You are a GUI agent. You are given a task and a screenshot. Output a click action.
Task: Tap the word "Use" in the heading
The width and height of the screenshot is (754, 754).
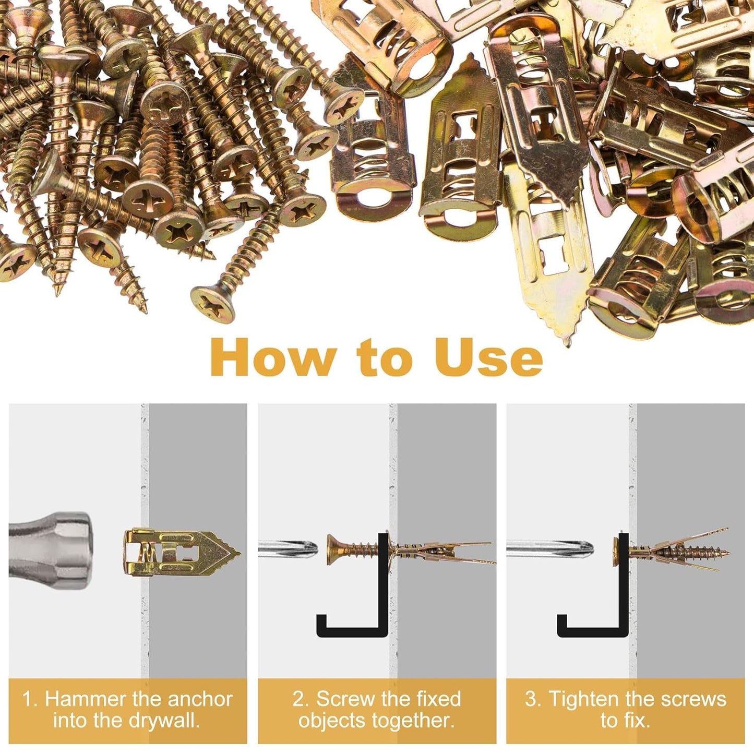(x=488, y=358)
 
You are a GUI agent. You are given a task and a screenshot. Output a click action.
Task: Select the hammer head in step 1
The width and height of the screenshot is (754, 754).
(x=52, y=550)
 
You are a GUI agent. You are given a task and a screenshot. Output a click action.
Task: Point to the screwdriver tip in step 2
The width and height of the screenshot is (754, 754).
(x=308, y=549)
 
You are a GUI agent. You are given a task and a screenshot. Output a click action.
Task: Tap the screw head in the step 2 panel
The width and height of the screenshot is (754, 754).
(x=334, y=549)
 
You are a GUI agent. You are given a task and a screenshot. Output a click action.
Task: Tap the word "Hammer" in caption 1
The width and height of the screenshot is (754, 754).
(x=86, y=699)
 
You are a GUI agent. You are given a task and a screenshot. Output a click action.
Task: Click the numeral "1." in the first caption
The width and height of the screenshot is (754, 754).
(x=30, y=699)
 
